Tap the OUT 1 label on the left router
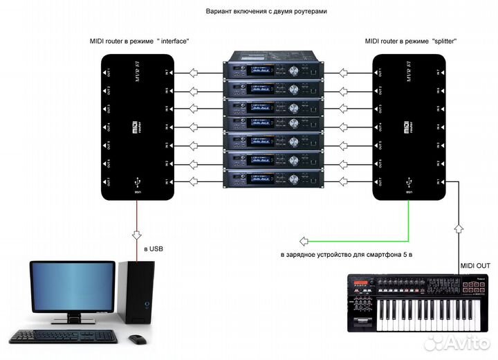coord(108,72)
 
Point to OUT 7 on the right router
coord(379,181)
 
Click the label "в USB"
coord(154,248)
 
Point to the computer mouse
coord(138,339)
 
